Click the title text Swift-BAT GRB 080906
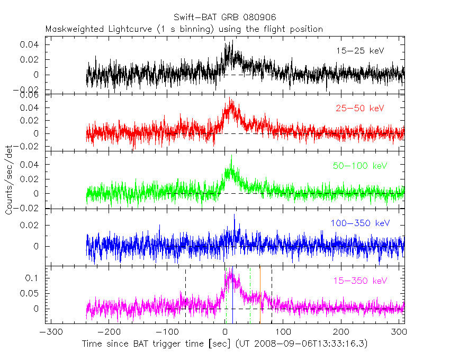(x=224, y=17)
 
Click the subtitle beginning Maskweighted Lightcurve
(x=184, y=29)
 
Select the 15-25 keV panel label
(x=359, y=51)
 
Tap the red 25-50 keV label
(x=359, y=108)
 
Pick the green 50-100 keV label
(x=359, y=166)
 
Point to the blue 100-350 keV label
(x=360, y=223)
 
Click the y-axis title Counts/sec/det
(x=9, y=180)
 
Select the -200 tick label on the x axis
(x=109, y=332)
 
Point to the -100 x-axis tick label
(x=167, y=332)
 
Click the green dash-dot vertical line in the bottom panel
(x=250, y=296)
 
